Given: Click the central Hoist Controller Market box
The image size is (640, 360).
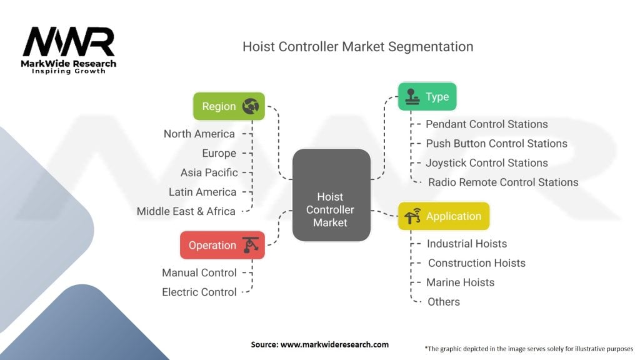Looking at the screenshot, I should point(331,194).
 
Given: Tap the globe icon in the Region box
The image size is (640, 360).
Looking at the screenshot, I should point(251,106).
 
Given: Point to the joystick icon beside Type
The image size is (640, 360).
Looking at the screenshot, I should point(412,96).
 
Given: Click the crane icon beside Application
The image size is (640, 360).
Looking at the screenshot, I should point(412,216).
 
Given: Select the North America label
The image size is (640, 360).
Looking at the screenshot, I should point(199,134).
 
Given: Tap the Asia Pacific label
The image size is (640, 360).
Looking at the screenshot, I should point(209,172).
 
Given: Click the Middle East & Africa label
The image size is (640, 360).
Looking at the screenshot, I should point(186,211).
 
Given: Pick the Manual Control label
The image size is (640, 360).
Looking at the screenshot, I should point(199,272).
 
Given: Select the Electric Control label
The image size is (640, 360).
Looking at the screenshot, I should point(199,292).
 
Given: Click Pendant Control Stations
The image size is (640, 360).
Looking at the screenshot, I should point(487,124).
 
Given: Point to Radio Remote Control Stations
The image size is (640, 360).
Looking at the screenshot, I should point(503,182).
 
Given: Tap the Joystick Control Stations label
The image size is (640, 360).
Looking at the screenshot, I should point(487,162).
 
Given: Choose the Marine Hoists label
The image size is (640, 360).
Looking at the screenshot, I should point(460,282).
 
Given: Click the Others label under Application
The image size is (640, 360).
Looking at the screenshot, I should point(444,301).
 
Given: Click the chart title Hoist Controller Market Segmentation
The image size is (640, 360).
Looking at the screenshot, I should point(357,47).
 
